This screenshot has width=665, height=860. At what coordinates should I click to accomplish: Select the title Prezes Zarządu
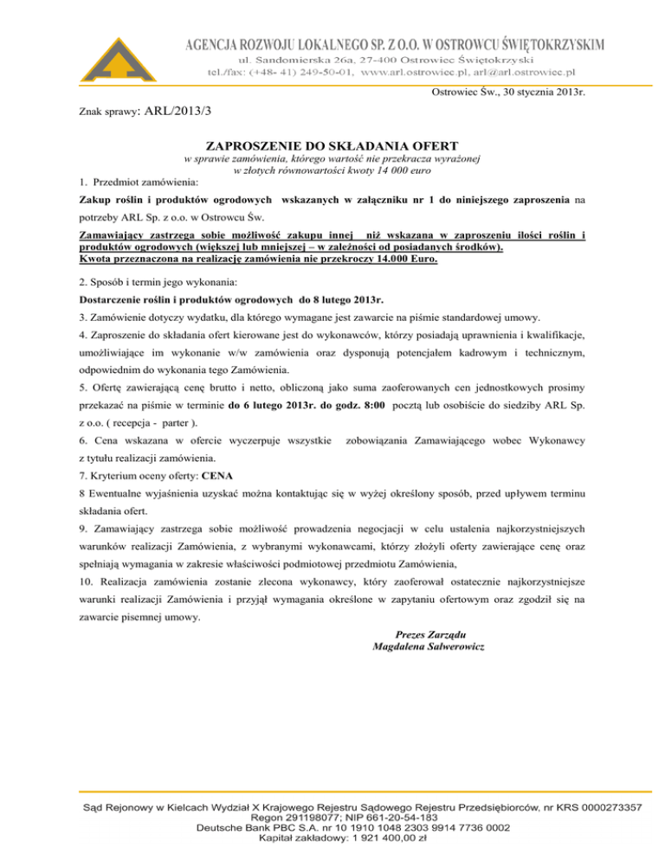(x=427, y=634)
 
